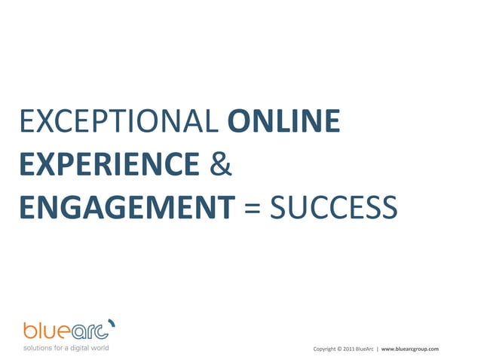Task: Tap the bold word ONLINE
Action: [x=283, y=122]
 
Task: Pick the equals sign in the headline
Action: [x=252, y=206]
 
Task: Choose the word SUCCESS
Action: [x=332, y=206]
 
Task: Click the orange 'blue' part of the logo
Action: [x=47, y=331]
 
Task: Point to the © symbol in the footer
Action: [x=340, y=349]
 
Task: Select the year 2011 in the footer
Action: [x=349, y=349]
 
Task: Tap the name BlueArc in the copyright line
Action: [x=365, y=349]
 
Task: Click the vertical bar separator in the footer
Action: [x=377, y=349]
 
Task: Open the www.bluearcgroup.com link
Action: [x=409, y=349]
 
